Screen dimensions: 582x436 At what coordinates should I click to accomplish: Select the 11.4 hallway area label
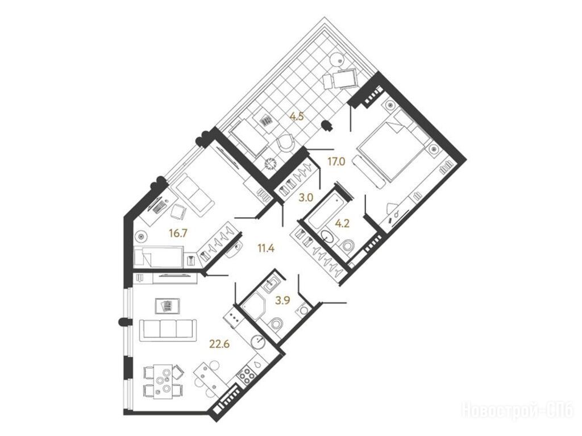(x=266, y=248)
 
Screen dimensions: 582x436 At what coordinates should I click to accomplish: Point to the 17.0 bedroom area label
(x=336, y=161)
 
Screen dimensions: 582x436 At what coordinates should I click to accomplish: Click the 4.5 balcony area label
(x=297, y=117)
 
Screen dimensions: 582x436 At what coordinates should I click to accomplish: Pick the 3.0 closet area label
(x=306, y=198)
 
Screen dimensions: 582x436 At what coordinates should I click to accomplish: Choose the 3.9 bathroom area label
(x=282, y=301)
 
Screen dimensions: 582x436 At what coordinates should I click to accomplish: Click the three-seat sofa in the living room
(x=168, y=330)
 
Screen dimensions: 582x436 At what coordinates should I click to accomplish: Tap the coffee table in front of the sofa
(x=168, y=306)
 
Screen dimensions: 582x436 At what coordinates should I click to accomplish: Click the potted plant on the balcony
(x=271, y=163)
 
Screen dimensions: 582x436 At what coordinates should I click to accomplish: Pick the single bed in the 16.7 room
(x=159, y=257)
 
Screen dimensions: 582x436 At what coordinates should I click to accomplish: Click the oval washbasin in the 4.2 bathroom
(x=327, y=236)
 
